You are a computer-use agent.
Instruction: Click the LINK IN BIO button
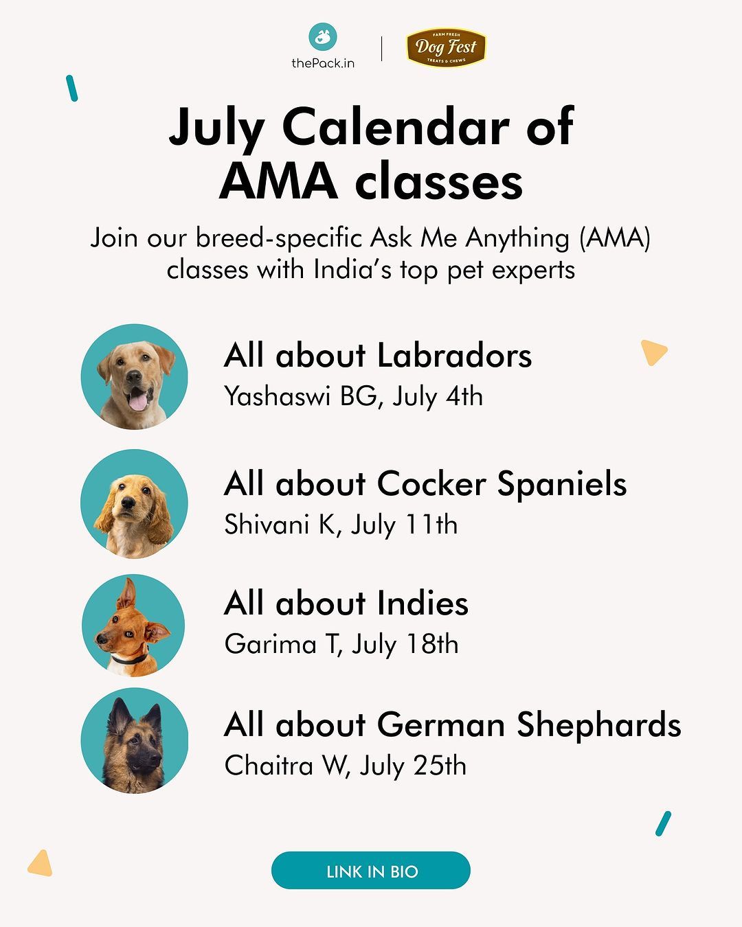click(x=371, y=871)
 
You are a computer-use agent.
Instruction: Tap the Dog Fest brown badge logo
click(x=447, y=47)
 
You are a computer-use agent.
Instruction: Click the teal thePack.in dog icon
click(x=323, y=36)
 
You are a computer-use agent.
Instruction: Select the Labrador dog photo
click(x=135, y=377)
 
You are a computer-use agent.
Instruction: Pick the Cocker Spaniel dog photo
click(x=135, y=503)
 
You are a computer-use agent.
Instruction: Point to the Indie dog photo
click(x=134, y=626)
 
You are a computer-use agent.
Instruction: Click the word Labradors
click(x=454, y=356)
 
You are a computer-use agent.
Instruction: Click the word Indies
click(x=423, y=603)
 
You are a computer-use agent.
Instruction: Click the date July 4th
click(x=438, y=397)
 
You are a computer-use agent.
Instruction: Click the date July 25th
click(x=413, y=766)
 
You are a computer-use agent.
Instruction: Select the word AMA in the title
click(x=278, y=180)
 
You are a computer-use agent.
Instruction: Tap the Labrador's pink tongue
click(x=138, y=402)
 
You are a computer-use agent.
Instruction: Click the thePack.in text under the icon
click(x=323, y=63)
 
